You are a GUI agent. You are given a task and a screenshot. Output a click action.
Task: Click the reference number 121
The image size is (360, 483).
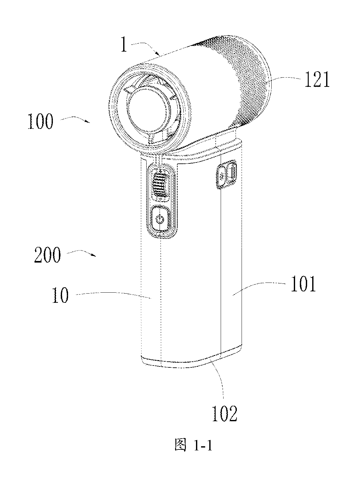(317, 80)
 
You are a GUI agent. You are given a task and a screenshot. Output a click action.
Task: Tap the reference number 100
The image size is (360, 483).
(41, 121)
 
